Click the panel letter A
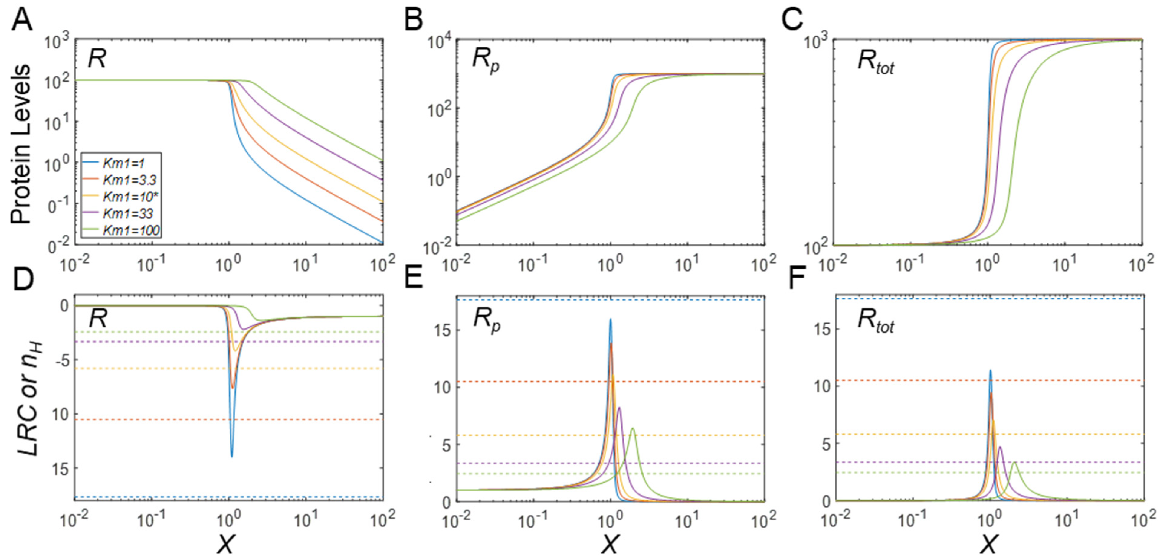pos(21,20)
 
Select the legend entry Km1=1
pos(123,163)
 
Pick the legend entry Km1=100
pos(131,230)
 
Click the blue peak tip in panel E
pos(610,320)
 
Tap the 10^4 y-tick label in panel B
pos(437,41)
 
